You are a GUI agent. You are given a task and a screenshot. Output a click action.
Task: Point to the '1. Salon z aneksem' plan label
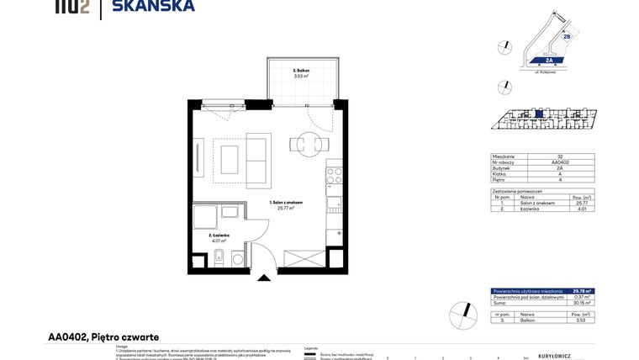[x=287, y=203]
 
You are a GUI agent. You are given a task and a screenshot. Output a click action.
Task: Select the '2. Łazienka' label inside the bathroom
[x=219, y=236]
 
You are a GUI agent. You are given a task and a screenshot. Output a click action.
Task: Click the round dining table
[x=304, y=144]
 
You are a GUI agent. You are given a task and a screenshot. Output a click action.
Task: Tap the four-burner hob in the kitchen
[x=334, y=176]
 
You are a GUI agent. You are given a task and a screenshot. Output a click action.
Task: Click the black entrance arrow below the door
[x=265, y=278]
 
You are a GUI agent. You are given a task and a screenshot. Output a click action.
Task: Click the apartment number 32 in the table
[x=560, y=156]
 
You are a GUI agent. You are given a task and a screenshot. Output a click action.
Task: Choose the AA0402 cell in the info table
[x=560, y=162]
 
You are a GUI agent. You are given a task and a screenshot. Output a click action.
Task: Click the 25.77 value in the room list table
[x=581, y=203]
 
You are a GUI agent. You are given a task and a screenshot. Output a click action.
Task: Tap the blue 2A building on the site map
[x=548, y=61]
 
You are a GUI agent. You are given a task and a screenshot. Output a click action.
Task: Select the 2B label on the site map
[x=567, y=37]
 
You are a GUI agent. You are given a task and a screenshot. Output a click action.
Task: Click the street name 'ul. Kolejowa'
[x=548, y=73]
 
